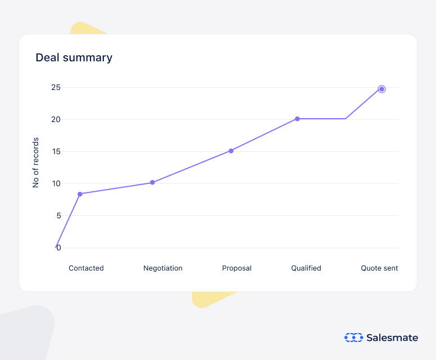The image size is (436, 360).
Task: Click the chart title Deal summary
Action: [74, 57]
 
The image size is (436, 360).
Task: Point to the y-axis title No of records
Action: [36, 162]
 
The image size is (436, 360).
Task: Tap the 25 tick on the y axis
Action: [56, 88]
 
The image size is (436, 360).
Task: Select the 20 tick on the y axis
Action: [56, 120]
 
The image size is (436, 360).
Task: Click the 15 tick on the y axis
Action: [56, 152]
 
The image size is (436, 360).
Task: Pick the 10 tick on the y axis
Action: [56, 184]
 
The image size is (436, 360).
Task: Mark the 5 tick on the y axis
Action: [58, 216]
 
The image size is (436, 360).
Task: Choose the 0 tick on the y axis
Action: [58, 248]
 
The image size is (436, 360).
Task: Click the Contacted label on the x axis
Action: [86, 268]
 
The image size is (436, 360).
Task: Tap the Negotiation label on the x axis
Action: [163, 268]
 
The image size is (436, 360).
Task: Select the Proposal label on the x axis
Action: [237, 268]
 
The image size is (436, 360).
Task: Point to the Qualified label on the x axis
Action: [306, 268]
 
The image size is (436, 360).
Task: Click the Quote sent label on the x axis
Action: [379, 268]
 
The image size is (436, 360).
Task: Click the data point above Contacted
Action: [80, 194]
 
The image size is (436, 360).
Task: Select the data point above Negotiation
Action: [152, 183]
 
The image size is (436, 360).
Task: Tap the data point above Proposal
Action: [231, 151]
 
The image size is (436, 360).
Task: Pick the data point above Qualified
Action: [297, 119]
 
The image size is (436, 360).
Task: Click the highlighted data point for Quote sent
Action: [381, 89]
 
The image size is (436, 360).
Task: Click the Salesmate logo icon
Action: [353, 337]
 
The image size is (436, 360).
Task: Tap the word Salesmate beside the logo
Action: [392, 337]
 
